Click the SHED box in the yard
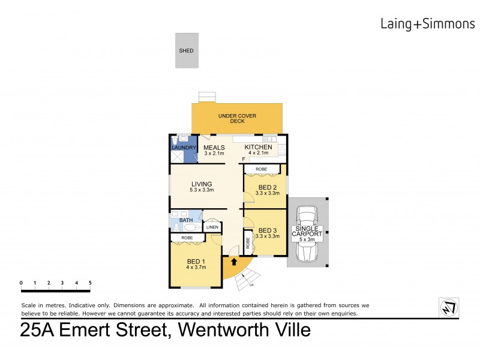pyautogui.click(x=186, y=47)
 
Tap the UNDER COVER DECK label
pyautogui.click(x=236, y=118)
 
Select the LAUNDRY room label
pyautogui.click(x=184, y=148)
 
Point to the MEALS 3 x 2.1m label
pyautogui.click(x=214, y=150)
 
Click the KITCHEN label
pyautogui.click(x=259, y=148)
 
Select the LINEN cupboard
pyautogui.click(x=212, y=227)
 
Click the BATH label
pyautogui.click(x=186, y=220)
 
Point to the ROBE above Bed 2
pyautogui.click(x=262, y=169)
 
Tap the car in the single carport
pyautogui.click(x=307, y=234)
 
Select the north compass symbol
pyautogui.click(x=448, y=307)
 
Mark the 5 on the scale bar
pyautogui.click(x=90, y=283)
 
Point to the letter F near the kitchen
pyautogui.click(x=243, y=159)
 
